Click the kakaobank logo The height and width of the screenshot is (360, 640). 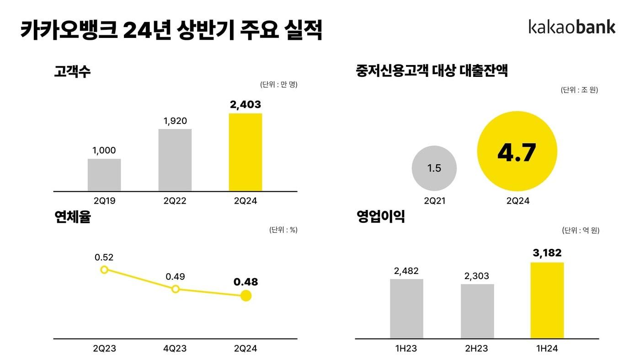[572, 27]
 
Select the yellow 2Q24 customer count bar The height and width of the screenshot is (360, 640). [245, 152]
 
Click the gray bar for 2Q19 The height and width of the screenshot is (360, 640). [104, 175]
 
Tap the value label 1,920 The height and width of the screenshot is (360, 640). [175, 121]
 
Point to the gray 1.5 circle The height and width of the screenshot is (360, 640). [434, 168]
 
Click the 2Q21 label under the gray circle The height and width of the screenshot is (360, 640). [434, 201]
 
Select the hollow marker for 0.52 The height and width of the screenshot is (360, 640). [104, 269]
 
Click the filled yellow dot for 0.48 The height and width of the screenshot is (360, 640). [246, 296]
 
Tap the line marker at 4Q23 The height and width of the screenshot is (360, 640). [175, 289]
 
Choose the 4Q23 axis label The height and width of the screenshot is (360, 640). [175, 349]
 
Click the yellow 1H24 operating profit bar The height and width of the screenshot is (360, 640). [547, 300]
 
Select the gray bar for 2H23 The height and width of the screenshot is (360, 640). [477, 311]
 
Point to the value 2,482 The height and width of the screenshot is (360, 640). [406, 271]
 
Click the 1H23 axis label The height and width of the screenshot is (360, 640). [406, 349]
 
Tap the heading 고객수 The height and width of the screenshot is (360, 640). [72, 72]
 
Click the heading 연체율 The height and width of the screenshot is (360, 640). [72, 217]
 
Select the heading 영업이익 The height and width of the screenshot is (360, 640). [380, 217]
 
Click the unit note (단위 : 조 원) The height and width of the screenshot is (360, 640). [579, 90]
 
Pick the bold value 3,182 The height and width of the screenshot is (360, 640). [547, 253]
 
